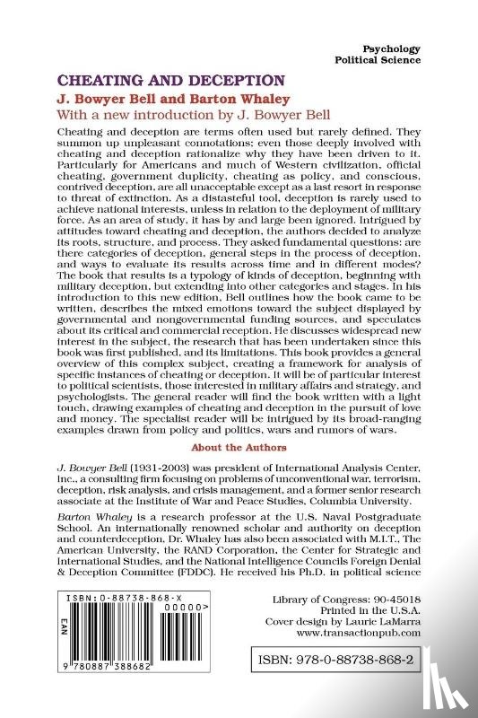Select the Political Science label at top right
click(376, 59)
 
